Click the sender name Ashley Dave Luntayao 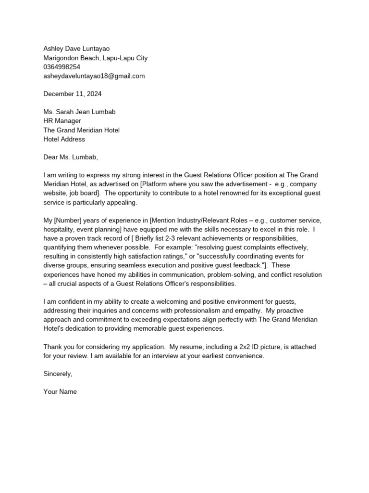coord(76,49)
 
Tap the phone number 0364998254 coord(62,67)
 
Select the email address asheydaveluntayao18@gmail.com coord(94,76)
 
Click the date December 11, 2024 coord(73,94)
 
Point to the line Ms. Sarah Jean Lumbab coord(79,112)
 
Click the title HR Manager coord(62,121)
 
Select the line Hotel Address coord(64,139)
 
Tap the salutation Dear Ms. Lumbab coord(70,157)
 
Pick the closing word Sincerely coord(58,374)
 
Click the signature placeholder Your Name coord(60,392)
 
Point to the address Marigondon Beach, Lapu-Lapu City coord(95,58)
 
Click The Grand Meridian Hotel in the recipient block coord(81,130)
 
